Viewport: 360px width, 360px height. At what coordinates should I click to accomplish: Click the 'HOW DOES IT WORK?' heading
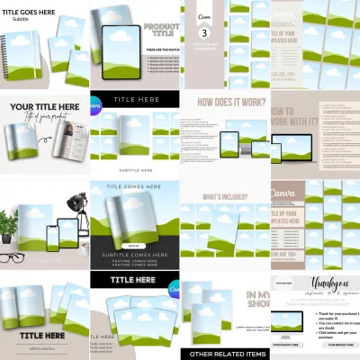pos(224,103)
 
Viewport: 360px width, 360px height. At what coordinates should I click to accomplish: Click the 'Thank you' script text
pos(314,281)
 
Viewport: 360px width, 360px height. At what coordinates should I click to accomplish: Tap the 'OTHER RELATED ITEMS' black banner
pos(224,354)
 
